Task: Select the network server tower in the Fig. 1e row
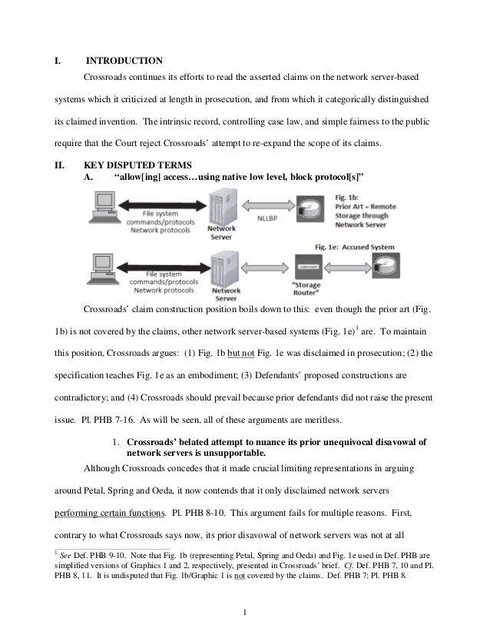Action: pos(220,266)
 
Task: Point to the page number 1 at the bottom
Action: pos(244,611)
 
